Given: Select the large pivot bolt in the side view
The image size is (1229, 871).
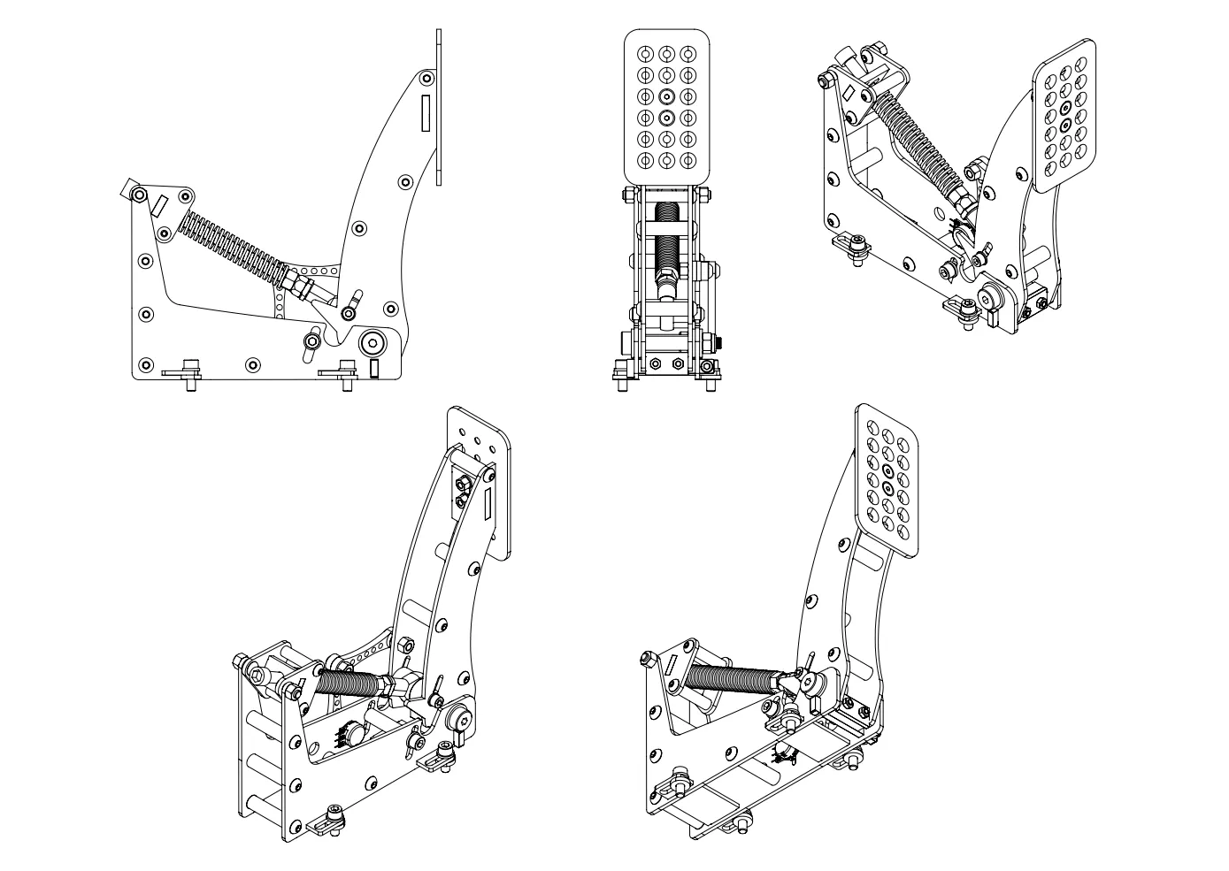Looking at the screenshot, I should [372, 341].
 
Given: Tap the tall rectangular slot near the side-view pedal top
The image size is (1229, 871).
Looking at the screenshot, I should [426, 112].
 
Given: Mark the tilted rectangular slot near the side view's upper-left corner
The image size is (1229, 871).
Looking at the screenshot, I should [158, 205].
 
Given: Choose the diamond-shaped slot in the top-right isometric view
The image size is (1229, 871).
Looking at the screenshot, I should [847, 91].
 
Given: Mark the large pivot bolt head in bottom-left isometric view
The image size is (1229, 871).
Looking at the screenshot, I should [460, 718].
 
